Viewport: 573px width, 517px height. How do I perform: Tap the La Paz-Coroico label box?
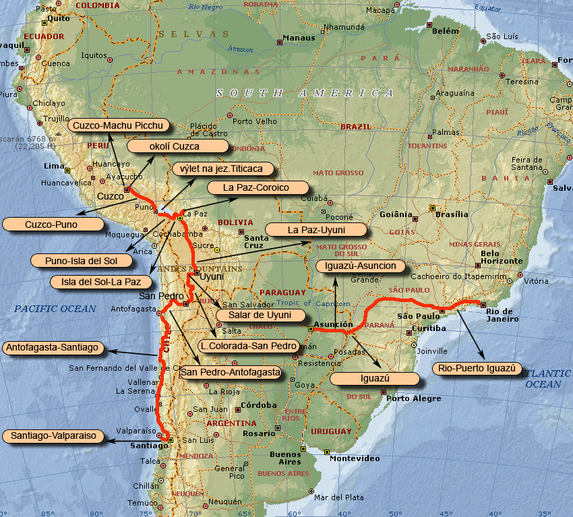[256, 187]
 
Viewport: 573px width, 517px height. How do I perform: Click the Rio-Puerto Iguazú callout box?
[477, 368]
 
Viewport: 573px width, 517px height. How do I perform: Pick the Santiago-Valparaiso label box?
[53, 436]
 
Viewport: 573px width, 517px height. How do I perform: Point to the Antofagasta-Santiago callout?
[53, 348]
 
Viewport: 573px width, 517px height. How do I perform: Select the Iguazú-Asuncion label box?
[361, 266]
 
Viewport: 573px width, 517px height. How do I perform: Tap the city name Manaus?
[298, 38]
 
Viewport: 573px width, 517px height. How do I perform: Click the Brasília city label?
[451, 214]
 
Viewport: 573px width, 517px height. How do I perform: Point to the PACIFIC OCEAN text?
[54, 309]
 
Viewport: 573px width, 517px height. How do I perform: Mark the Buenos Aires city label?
[285, 458]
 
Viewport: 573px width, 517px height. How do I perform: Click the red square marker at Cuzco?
[127, 189]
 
